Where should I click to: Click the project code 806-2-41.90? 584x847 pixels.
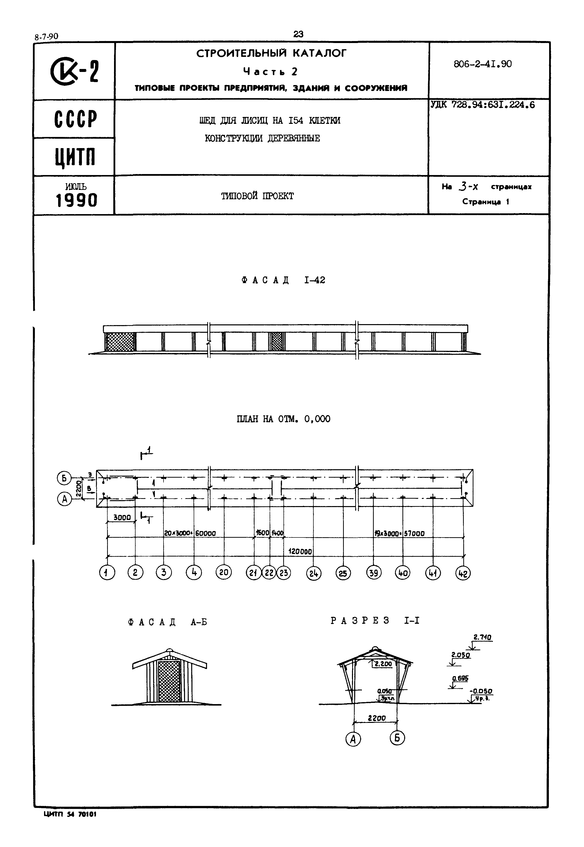coord(482,64)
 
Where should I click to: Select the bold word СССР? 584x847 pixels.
coord(76,119)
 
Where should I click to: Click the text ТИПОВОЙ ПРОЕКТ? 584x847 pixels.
coord(257,196)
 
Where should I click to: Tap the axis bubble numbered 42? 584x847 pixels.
coord(463,573)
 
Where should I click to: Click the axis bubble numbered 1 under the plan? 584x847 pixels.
coord(107,572)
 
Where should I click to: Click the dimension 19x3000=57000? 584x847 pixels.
coord(399,533)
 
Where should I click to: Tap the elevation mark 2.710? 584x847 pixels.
coord(483,637)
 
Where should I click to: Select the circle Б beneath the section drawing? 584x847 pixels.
coord(397,738)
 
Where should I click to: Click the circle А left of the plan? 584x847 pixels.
coord(64,499)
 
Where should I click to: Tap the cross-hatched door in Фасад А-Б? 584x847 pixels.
coord(170,681)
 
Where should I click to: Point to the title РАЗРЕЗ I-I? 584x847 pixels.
coord(375,621)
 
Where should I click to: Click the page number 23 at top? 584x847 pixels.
coord(298,34)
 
